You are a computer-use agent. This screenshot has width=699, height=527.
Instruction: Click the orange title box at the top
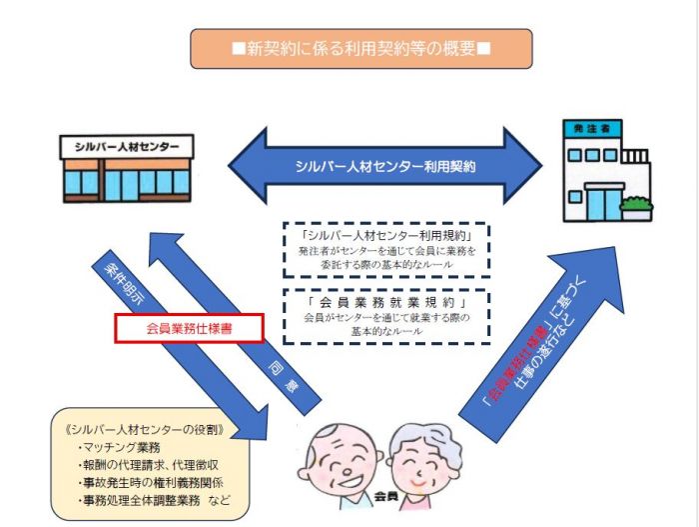(x=360, y=48)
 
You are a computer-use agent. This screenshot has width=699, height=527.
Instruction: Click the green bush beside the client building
(x=635, y=206)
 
